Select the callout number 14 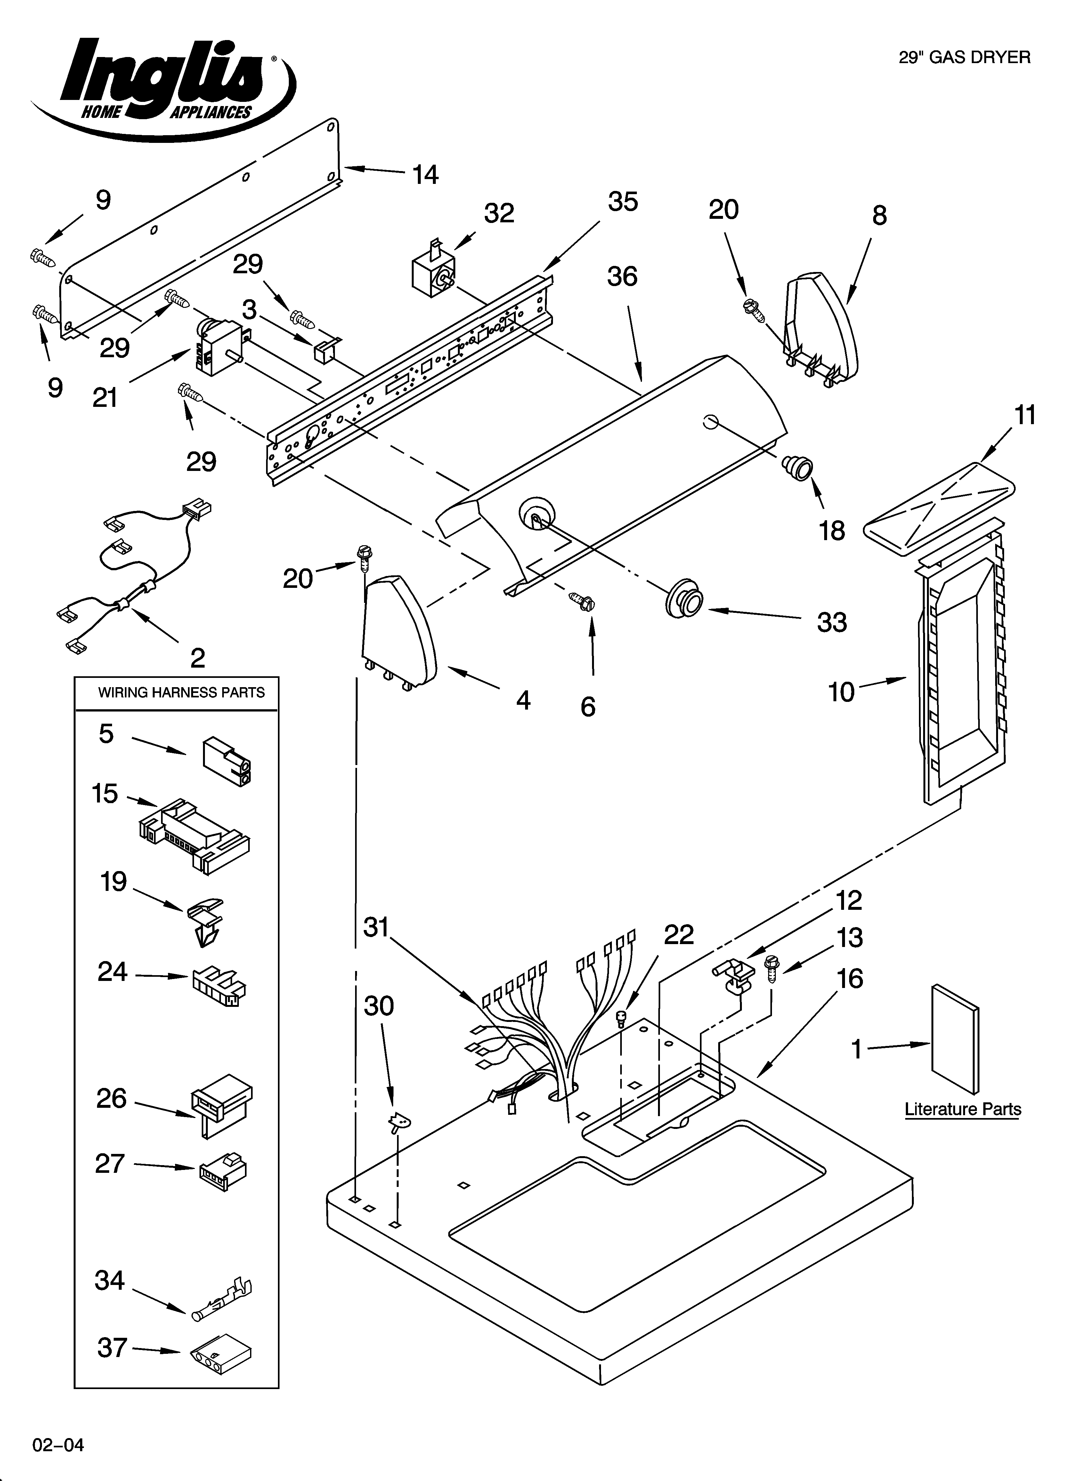click(x=425, y=175)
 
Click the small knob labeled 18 click(x=798, y=468)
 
